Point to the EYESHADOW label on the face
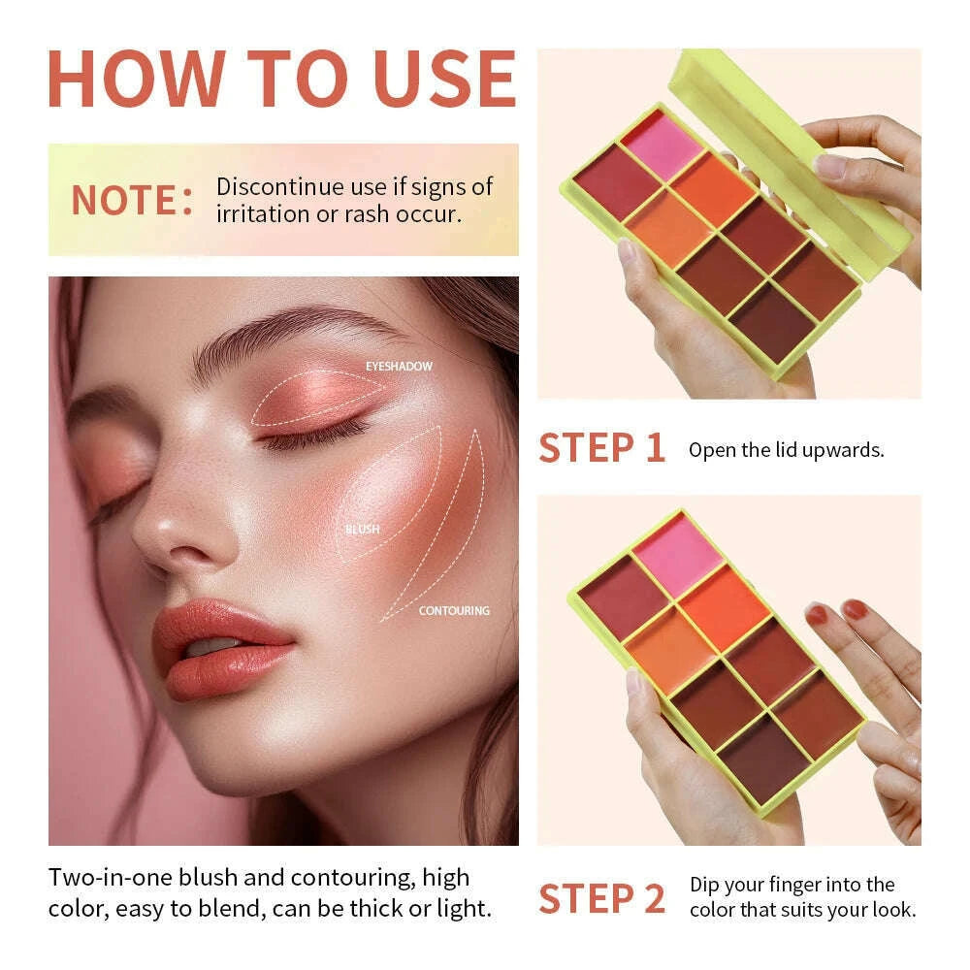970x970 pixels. pos(399,367)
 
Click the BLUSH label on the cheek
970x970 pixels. pos(362,530)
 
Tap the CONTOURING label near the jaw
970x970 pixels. pos(454,611)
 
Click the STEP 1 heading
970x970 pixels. pos(601,449)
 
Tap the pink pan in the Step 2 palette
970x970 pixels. pos(678,554)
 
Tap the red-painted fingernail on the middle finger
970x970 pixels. pos(854,610)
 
